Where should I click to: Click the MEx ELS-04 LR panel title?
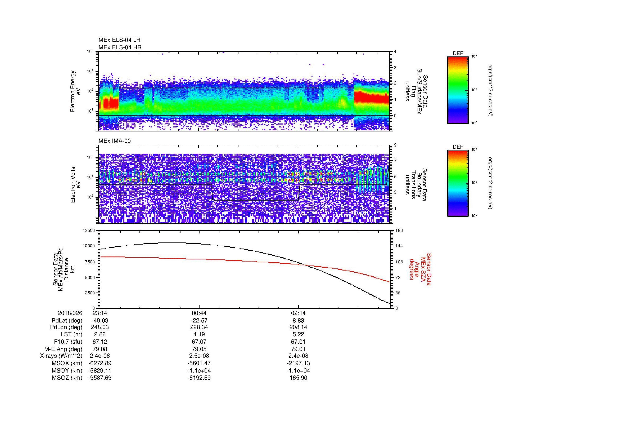point(119,40)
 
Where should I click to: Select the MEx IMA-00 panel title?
point(115,141)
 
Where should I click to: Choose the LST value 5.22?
point(299,334)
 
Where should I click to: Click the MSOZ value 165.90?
point(299,378)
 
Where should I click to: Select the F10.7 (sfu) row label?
point(68,342)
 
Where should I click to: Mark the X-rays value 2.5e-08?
point(199,356)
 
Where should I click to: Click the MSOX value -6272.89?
point(100,363)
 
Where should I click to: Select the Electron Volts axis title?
point(76,185)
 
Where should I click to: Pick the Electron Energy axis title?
point(76,91)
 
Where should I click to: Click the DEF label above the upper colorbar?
point(458,54)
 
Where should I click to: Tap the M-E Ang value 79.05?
point(199,349)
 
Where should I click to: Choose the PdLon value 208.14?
point(299,327)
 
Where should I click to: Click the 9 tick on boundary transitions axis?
point(395,145)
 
